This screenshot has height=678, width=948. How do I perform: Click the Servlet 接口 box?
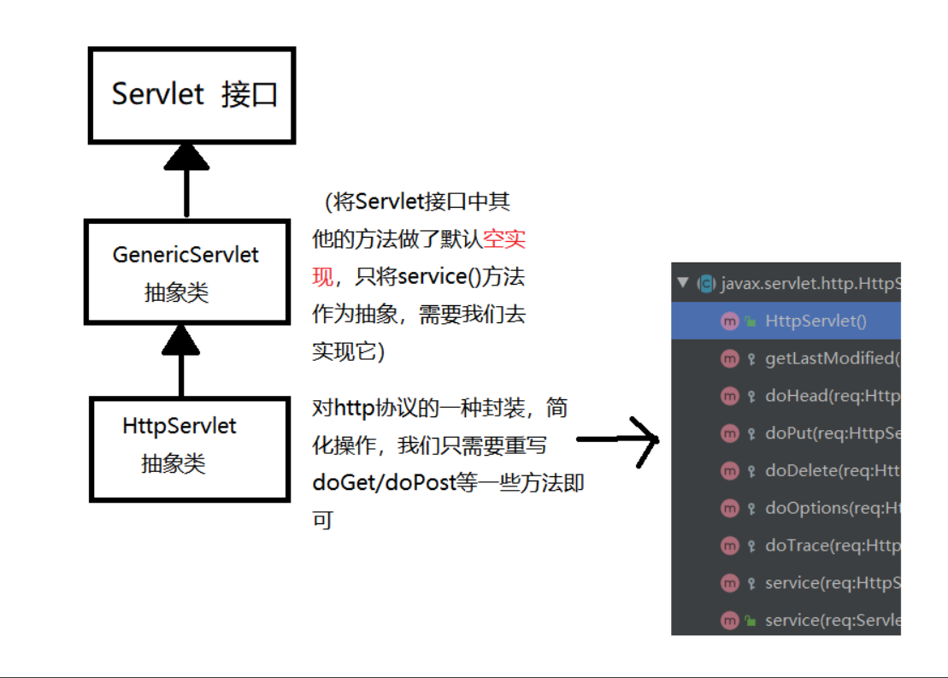[192, 95]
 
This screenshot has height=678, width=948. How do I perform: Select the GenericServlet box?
[186, 272]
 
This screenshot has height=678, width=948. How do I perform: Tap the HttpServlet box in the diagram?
[189, 448]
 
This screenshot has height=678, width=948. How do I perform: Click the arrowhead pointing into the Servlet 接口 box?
[186, 157]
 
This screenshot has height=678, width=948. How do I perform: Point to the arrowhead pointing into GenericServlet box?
[180, 339]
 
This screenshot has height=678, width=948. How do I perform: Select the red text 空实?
[504, 239]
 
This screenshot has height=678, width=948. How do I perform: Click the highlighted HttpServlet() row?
[815, 321]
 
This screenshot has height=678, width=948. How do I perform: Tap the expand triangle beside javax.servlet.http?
[682, 283]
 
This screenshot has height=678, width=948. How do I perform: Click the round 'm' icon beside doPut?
[729, 433]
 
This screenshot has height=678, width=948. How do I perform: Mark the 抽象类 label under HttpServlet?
[174, 464]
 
